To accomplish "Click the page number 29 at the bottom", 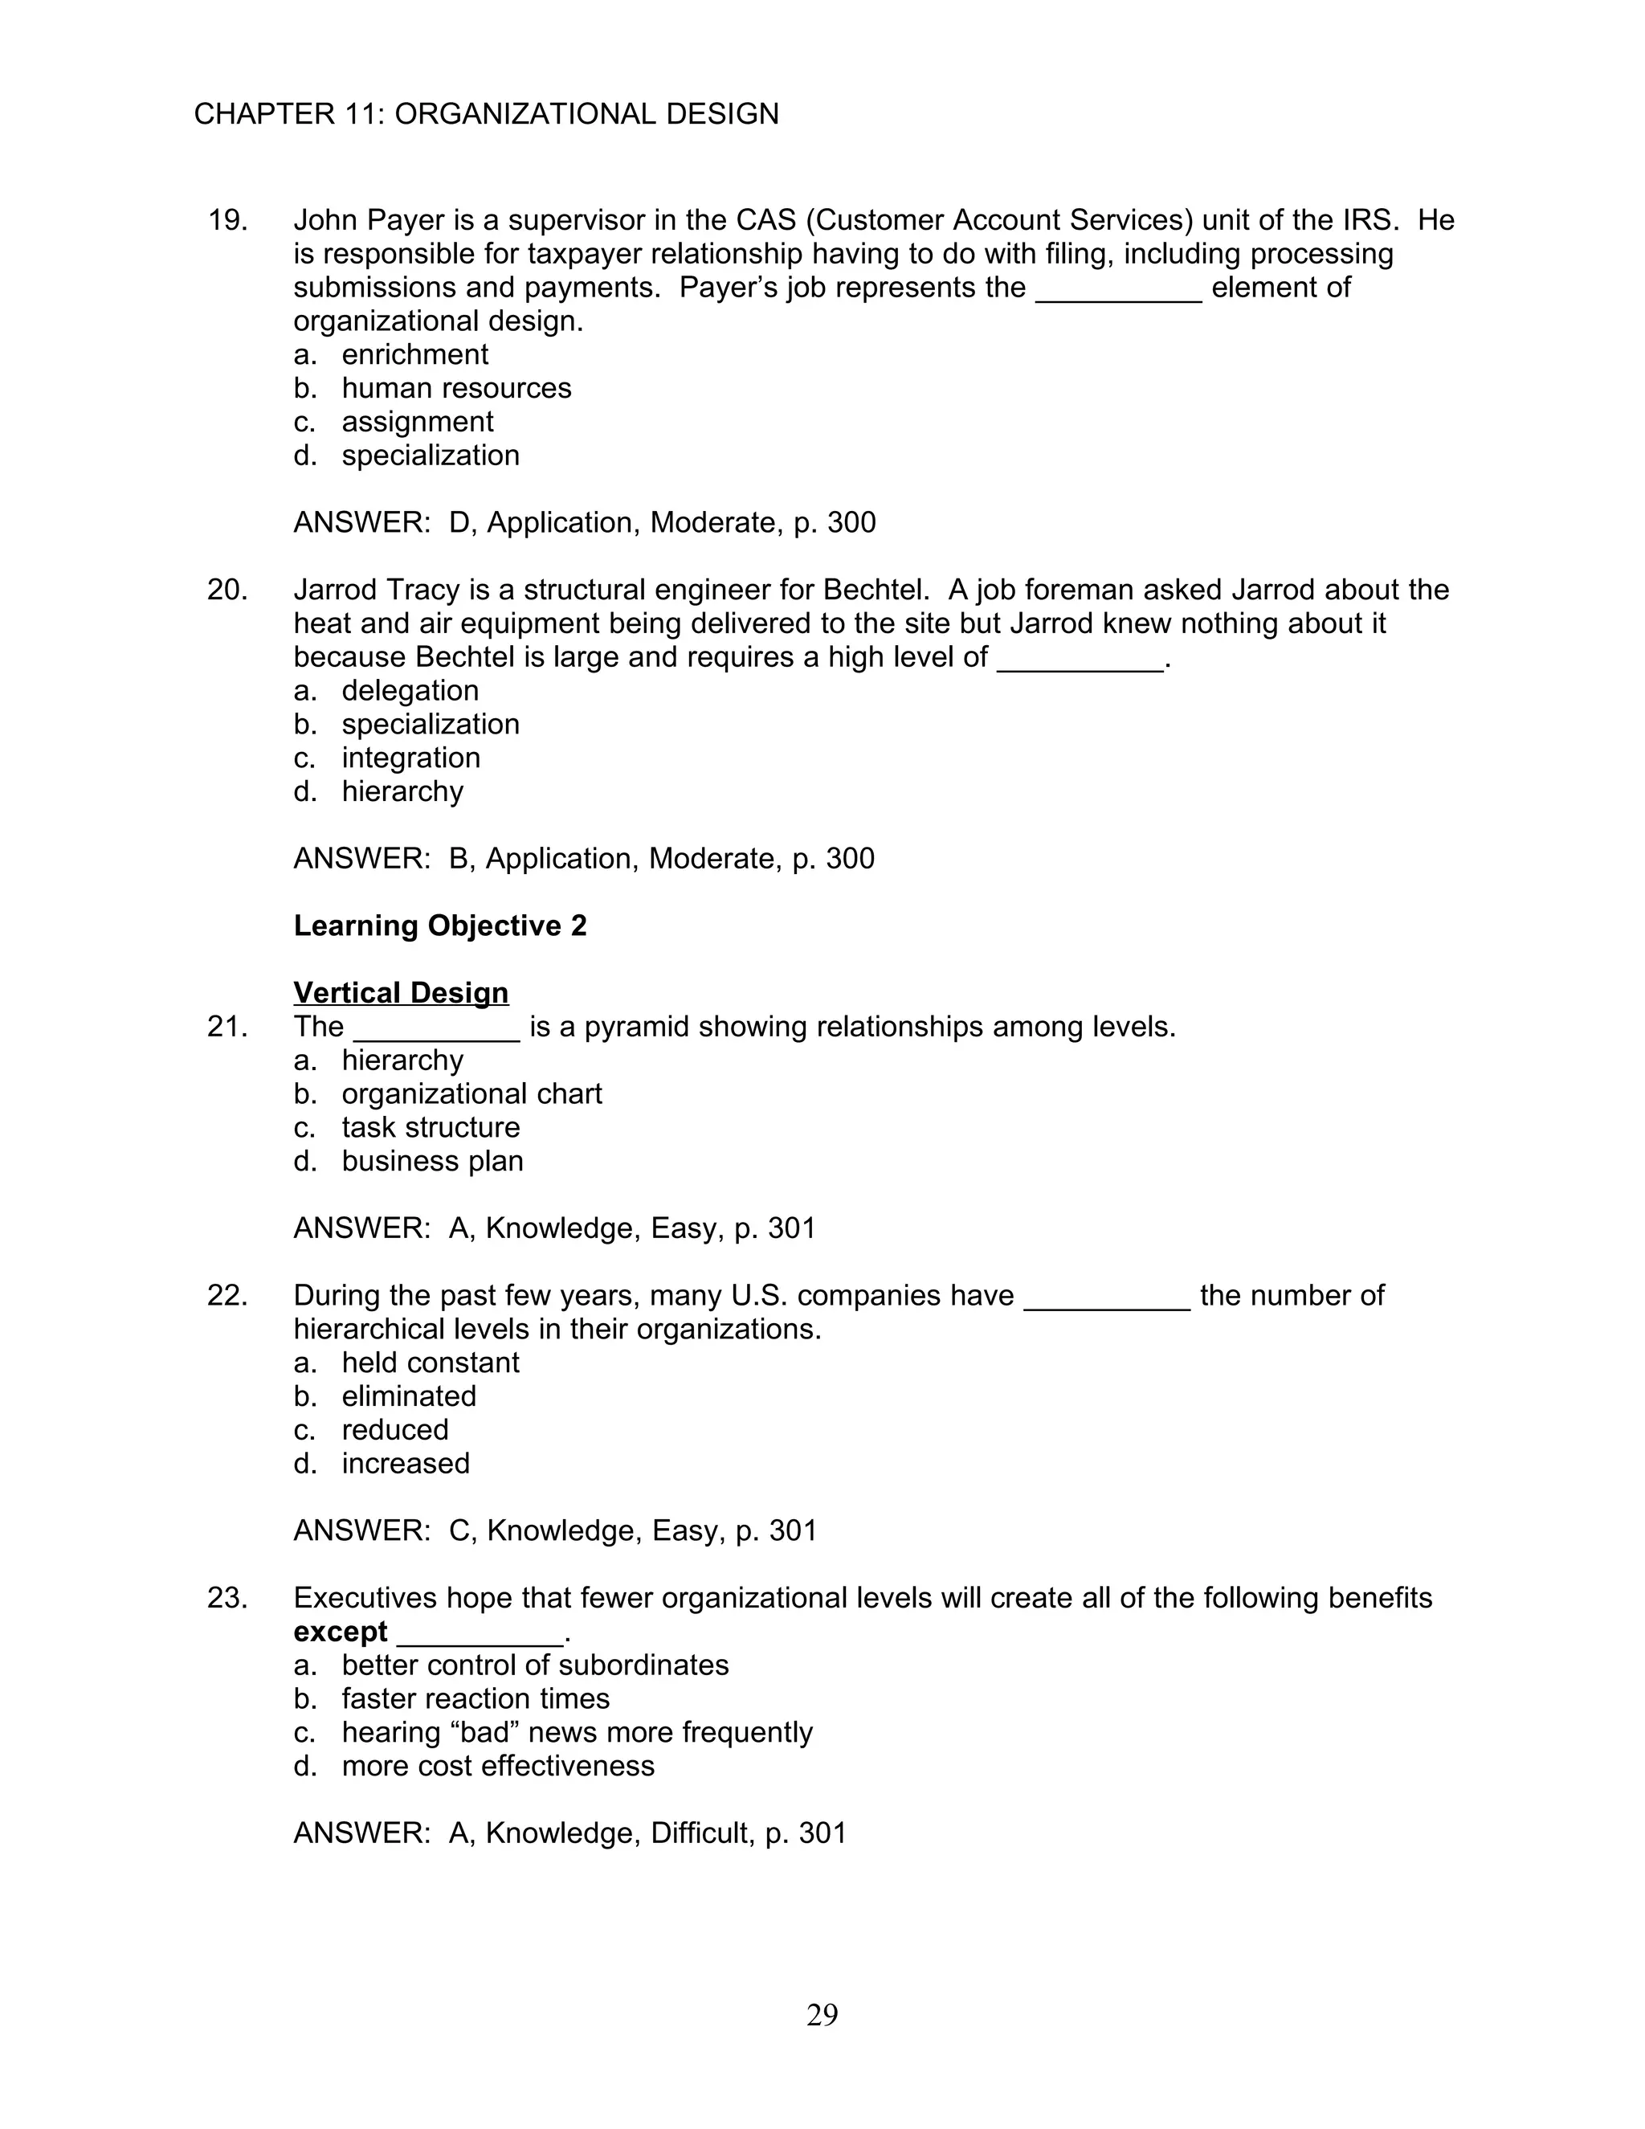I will point(822,2014).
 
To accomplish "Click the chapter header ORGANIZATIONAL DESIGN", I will point(586,114).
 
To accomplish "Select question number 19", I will point(227,220).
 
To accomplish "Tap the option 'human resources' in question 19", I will point(456,388).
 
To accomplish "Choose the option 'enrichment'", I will point(414,355).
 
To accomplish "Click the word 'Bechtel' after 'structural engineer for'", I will point(871,590).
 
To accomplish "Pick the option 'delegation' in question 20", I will point(410,691).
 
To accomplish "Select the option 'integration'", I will point(410,758).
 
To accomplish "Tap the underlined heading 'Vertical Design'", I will point(401,993).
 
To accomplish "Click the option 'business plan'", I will point(431,1162).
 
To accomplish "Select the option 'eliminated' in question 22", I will point(408,1397).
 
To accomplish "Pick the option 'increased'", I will point(406,1464).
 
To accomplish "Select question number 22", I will point(227,1297).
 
